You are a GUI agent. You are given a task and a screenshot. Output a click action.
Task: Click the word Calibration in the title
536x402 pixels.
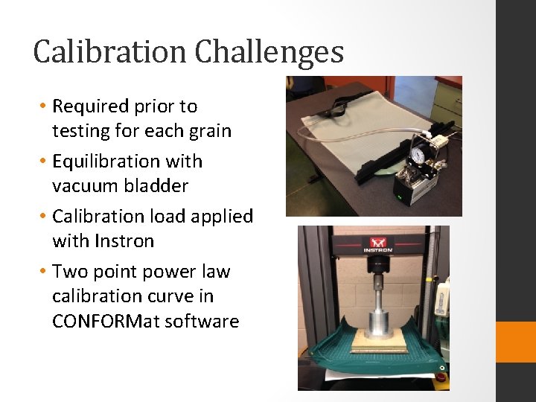(110, 52)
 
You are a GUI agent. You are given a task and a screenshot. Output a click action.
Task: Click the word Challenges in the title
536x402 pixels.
(269, 52)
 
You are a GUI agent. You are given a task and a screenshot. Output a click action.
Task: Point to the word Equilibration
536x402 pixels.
(100, 162)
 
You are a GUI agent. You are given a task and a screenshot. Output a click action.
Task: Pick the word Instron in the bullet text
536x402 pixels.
(124, 241)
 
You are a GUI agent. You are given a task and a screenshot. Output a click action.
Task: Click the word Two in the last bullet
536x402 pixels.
(68, 272)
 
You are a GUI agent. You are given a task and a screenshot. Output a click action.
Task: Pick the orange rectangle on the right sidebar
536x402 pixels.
(516, 342)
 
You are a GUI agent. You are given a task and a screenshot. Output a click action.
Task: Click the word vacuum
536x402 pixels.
(82, 186)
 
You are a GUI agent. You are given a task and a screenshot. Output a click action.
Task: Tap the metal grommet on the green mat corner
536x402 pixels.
(444, 367)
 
